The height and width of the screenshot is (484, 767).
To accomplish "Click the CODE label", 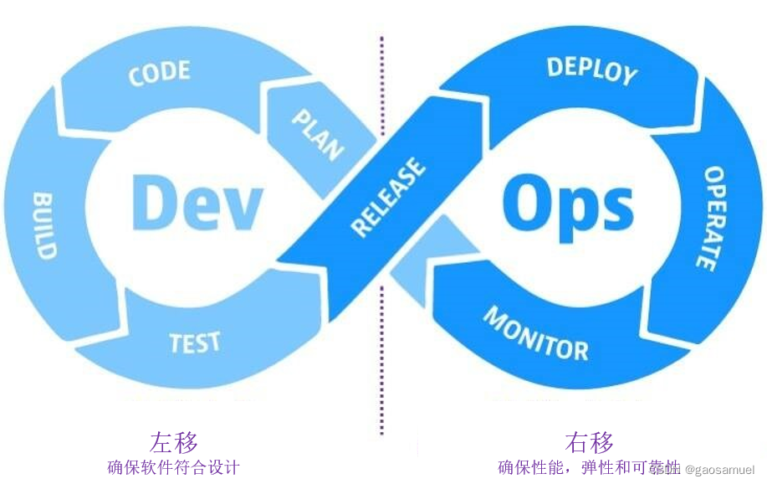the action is click(x=159, y=73).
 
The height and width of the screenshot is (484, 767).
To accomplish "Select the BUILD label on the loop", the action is click(x=44, y=224).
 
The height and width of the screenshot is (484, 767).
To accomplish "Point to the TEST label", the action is click(x=195, y=342).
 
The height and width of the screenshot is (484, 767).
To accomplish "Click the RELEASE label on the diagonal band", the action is click(x=387, y=198).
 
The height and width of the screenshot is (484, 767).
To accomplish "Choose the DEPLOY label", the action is click(x=591, y=70).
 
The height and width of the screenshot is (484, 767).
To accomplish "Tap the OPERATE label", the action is click(x=710, y=218).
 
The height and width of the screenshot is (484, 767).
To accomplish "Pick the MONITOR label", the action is click(x=536, y=333).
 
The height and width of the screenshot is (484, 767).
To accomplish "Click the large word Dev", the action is click(x=197, y=202).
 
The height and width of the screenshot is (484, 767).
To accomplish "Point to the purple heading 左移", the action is click(x=174, y=441).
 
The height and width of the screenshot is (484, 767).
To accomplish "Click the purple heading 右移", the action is click(x=589, y=441).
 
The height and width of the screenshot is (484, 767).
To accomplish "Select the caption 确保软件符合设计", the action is click(x=174, y=467).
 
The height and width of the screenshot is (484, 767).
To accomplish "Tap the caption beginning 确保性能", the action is click(x=577, y=467).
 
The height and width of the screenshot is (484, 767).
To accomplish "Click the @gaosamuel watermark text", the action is click(x=719, y=471).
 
